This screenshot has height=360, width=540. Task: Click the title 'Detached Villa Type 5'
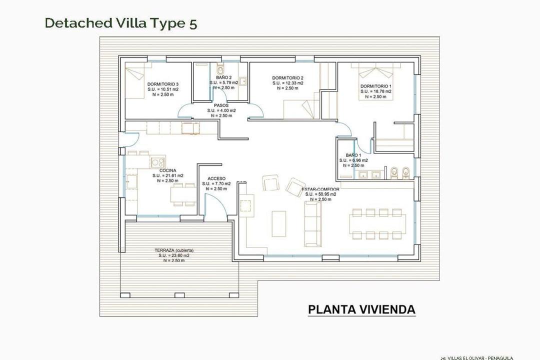pyautogui.click(x=120, y=23)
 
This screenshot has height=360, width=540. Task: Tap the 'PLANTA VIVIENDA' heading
pyautogui.click(x=361, y=309)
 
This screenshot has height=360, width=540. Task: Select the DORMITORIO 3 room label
pyautogui.click(x=163, y=84)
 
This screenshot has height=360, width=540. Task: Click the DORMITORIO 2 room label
pyautogui.click(x=288, y=78)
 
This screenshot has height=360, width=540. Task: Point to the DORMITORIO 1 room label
pyautogui.click(x=376, y=86)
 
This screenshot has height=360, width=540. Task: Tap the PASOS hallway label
pyautogui.click(x=221, y=105)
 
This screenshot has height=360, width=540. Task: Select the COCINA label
pyautogui.click(x=167, y=170)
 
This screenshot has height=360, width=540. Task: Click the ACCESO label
pyautogui.click(x=216, y=178)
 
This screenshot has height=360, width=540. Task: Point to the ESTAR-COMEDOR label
pyautogui.click(x=321, y=189)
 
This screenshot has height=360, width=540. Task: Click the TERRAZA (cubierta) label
pyautogui.click(x=174, y=250)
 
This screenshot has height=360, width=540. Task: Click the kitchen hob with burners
pyautogui.click(x=158, y=161)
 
